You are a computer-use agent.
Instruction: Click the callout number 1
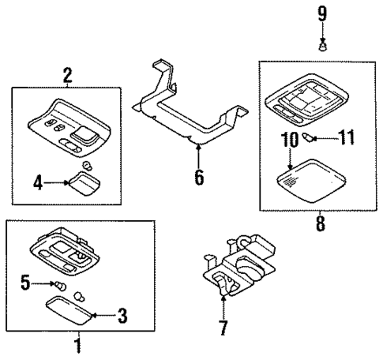(77, 345)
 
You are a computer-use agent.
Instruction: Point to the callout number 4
(36, 182)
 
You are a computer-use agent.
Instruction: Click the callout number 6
(198, 176)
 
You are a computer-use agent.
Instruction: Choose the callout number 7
(223, 326)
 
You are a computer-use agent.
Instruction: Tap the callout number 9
(321, 13)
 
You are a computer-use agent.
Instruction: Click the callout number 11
(347, 140)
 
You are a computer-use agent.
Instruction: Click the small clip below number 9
(321, 46)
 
